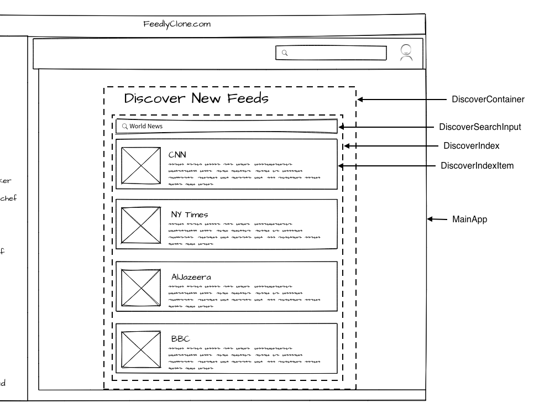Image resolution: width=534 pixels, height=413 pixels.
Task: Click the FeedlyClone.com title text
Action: point(177,24)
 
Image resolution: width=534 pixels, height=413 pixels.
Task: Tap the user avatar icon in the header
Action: point(406,53)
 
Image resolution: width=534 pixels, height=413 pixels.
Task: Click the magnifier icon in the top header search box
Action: point(285,53)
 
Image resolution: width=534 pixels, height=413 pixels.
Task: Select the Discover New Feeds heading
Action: point(196,99)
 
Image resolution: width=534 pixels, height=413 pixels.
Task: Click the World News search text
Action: point(146,127)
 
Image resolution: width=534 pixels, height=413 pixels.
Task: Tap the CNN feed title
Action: point(177,155)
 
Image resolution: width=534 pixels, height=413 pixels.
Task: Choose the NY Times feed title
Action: point(189,215)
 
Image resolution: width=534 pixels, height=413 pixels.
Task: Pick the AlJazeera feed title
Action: point(191,277)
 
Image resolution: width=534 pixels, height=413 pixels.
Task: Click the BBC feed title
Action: point(180,339)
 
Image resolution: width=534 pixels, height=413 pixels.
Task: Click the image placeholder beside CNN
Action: point(141,165)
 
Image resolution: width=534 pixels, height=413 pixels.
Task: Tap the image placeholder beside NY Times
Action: point(141,226)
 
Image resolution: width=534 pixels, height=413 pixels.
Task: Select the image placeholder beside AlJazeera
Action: point(141,287)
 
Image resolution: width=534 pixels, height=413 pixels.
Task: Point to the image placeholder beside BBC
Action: point(141,349)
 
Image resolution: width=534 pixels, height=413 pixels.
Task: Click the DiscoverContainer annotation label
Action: point(488,100)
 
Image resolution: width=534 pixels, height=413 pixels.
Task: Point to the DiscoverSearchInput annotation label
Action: point(480,127)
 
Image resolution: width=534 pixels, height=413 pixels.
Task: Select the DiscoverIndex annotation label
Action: point(472,146)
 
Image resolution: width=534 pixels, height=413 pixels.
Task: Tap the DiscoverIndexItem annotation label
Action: point(477,165)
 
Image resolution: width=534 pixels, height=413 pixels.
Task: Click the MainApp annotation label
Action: point(469,219)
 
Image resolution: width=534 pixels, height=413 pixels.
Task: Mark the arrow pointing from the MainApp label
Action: point(437,219)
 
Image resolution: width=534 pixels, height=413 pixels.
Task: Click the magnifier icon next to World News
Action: point(124,127)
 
